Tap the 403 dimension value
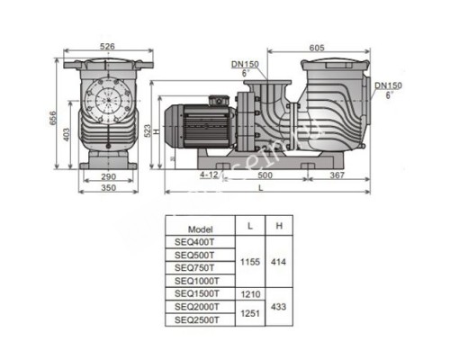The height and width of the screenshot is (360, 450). [x=69, y=132]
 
